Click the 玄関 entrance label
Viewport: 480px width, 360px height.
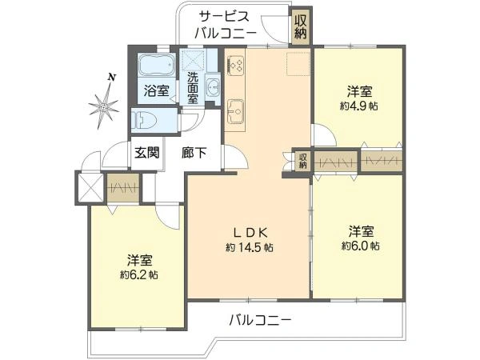click(145, 152)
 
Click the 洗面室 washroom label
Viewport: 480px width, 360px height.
click(193, 88)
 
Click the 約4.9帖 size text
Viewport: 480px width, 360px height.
click(358, 106)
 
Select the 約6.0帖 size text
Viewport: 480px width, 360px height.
click(359, 244)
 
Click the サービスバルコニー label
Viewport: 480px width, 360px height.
click(226, 25)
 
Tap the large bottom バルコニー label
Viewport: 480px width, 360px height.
click(260, 320)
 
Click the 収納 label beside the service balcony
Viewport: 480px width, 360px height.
click(300, 26)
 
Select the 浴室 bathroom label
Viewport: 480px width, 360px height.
click(156, 90)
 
